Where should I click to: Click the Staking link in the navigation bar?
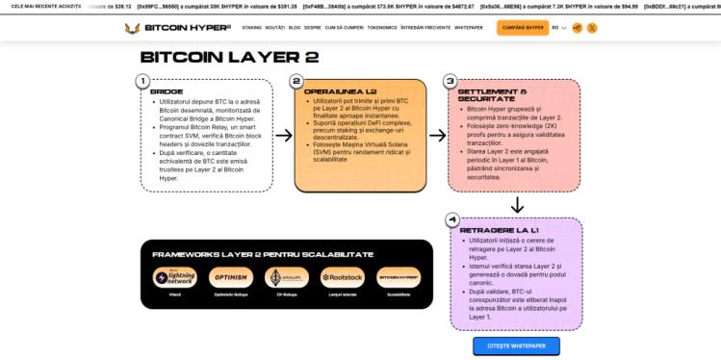pyautogui.click(x=251, y=28)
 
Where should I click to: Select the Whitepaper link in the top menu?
pyautogui.click(x=469, y=28)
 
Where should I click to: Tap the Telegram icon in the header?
pyautogui.click(x=577, y=28)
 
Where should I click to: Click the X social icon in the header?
pyautogui.click(x=592, y=28)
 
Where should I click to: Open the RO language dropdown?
pyautogui.click(x=559, y=28)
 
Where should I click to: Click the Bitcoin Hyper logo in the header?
pyautogui.click(x=177, y=28)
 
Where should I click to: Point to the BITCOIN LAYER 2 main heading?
pyautogui.click(x=229, y=57)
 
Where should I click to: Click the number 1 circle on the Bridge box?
pyautogui.click(x=142, y=82)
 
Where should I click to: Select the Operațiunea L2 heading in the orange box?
pyautogui.click(x=331, y=91)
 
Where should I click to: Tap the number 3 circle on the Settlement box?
pyautogui.click(x=450, y=82)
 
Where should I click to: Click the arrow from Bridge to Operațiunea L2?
pyautogui.click(x=283, y=136)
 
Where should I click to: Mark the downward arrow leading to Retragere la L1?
pyautogui.click(x=517, y=204)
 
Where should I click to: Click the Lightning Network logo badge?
pyautogui.click(x=174, y=277)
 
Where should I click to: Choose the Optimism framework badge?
pyautogui.click(x=230, y=277)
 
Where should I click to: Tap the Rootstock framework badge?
pyautogui.click(x=342, y=277)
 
